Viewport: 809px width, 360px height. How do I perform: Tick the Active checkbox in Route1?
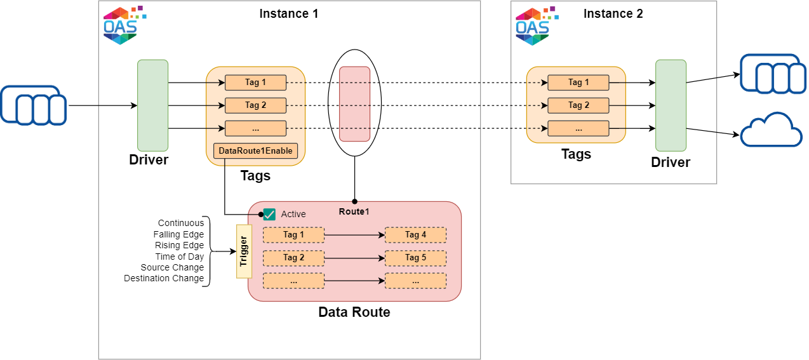click(x=269, y=215)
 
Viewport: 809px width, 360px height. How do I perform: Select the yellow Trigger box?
click(x=244, y=251)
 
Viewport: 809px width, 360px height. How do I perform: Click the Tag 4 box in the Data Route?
click(x=415, y=235)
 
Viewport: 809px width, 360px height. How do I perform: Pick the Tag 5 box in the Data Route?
click(x=415, y=258)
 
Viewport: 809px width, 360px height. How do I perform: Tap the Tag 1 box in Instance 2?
click(x=578, y=83)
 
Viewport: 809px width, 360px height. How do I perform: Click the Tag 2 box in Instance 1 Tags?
click(x=255, y=105)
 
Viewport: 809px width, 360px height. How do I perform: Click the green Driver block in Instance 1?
click(x=152, y=105)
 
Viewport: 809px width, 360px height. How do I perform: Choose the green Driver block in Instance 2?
click(x=671, y=105)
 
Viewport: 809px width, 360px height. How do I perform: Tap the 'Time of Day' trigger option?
click(x=180, y=257)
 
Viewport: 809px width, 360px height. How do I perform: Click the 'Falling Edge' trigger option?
click(x=178, y=234)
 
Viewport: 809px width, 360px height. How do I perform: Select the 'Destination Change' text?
click(x=164, y=278)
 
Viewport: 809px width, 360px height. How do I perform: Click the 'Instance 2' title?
click(x=613, y=14)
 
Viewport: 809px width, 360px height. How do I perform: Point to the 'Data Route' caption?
click(x=354, y=312)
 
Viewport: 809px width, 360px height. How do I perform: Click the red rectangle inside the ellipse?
click(x=354, y=103)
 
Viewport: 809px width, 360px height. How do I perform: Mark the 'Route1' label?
click(x=354, y=211)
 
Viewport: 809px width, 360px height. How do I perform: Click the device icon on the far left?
click(x=33, y=105)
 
